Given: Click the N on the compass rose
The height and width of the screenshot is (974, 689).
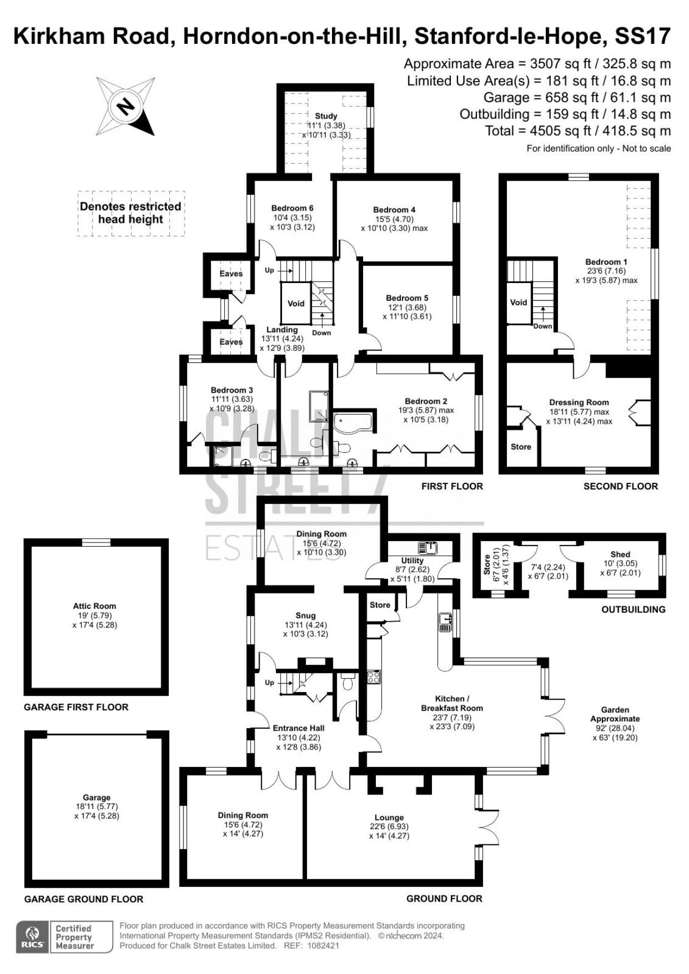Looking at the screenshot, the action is point(126,106).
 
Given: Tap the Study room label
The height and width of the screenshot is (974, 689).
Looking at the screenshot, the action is point(326,116).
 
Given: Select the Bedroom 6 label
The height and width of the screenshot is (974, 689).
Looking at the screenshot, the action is point(292,208).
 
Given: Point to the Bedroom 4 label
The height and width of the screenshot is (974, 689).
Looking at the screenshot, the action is point(394,209).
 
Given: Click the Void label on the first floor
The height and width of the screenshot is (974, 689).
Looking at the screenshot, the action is point(296,304).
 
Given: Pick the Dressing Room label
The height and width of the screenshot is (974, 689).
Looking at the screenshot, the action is point(579,402).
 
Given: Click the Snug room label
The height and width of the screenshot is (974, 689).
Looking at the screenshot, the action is point(305,615).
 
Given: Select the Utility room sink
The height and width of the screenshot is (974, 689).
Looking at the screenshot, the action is point(428,548).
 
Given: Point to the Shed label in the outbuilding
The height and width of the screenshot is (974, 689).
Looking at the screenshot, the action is point(620,554).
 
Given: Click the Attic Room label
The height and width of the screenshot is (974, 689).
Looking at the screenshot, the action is point(94,606).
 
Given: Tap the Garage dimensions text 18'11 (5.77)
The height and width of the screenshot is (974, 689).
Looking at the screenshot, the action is point(96,807).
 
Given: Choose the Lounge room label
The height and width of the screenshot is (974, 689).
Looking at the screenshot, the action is point(389,818).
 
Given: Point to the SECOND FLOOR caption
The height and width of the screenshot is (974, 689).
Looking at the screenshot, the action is point(621,486).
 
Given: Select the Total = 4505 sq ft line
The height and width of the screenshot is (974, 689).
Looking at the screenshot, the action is point(578,130).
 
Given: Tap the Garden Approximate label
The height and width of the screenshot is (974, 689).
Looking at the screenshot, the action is point(615,714).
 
